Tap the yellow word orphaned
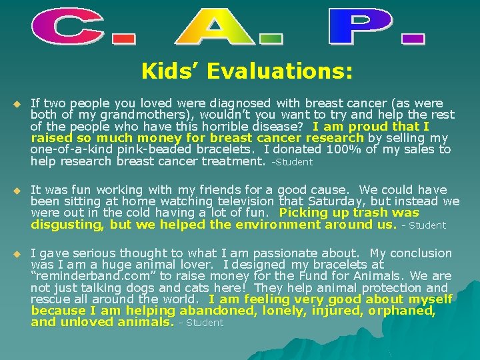pos(401,311)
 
